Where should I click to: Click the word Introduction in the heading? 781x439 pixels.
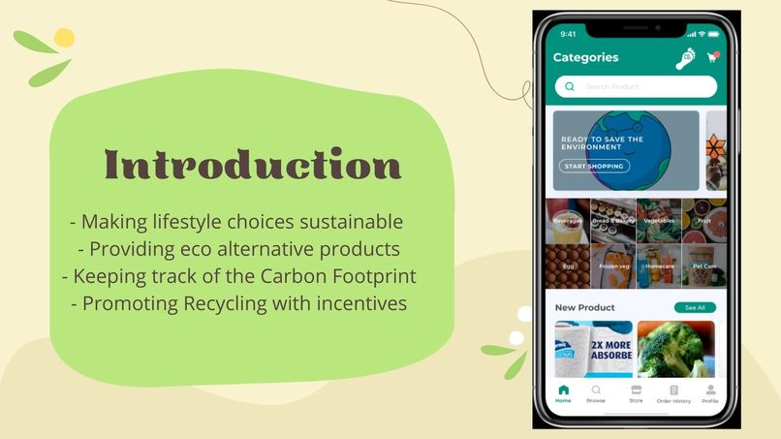click(x=252, y=166)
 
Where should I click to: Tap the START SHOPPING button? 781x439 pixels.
click(x=595, y=166)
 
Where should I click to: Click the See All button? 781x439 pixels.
click(x=695, y=307)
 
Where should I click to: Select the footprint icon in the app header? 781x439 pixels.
click(x=686, y=58)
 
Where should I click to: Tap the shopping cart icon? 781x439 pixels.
click(x=712, y=57)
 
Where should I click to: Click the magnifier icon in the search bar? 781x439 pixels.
click(x=569, y=86)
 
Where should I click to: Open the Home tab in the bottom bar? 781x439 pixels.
click(x=563, y=393)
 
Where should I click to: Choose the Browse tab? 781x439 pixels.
click(x=596, y=393)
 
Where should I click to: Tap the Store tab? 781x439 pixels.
click(x=636, y=393)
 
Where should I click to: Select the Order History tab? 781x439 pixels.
click(x=673, y=393)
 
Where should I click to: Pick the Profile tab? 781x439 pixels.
click(x=710, y=393)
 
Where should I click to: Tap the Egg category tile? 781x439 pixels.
click(x=568, y=267)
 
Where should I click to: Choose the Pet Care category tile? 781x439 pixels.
click(x=703, y=267)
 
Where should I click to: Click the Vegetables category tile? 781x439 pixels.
click(x=659, y=221)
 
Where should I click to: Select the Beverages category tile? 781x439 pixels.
click(x=568, y=221)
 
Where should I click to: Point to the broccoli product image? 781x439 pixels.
click(x=675, y=349)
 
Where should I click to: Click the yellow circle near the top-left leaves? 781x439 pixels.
click(x=64, y=38)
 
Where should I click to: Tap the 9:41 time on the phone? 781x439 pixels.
click(x=568, y=34)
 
